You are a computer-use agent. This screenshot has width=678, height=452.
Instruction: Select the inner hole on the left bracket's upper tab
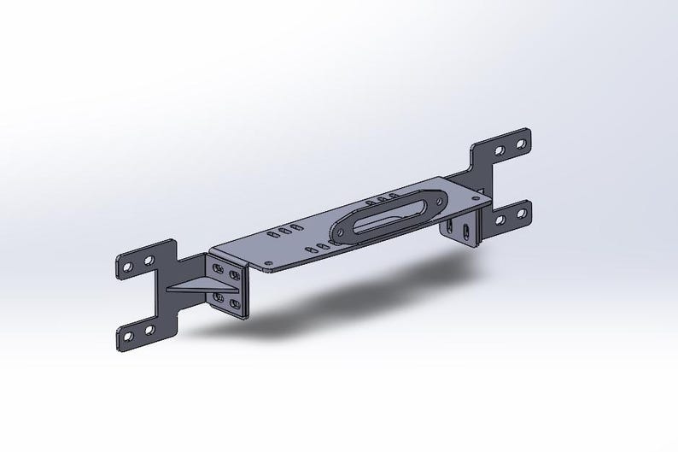coord(149,258)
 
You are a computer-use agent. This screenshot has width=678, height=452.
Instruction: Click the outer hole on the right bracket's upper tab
coord(520,144)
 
